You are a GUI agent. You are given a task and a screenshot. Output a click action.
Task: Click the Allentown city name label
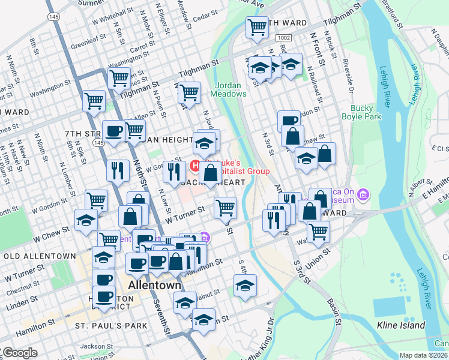click(154, 285)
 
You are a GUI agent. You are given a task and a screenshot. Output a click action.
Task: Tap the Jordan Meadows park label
click(228, 89)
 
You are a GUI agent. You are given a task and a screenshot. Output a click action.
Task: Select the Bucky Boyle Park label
click(366, 112)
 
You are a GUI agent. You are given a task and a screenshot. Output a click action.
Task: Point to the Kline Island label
click(401, 326)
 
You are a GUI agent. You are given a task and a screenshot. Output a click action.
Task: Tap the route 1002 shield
click(284, 38)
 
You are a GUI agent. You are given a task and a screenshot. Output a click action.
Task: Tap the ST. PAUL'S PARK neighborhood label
click(111, 326)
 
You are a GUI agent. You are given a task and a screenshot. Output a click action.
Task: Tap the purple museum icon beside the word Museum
click(363, 194)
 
